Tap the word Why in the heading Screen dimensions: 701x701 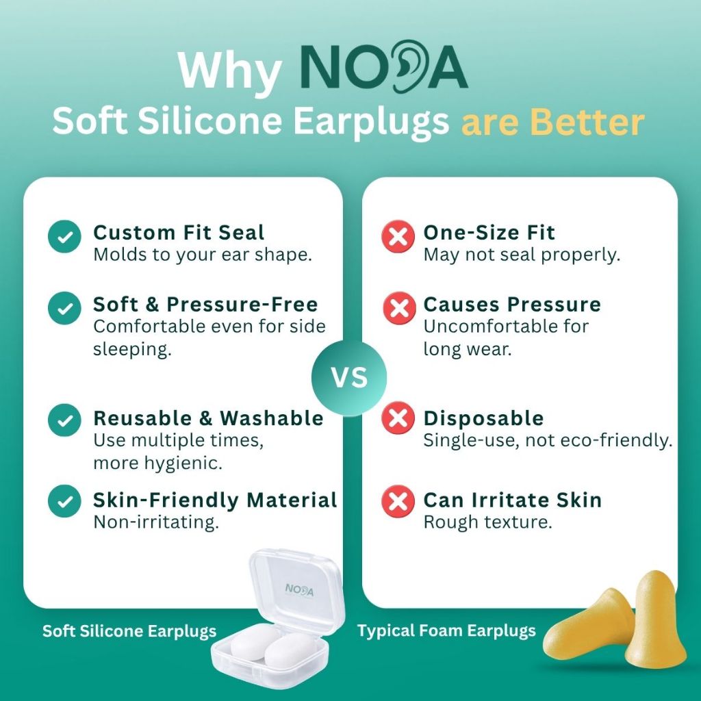(x=229, y=71)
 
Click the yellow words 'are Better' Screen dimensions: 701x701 (x=552, y=121)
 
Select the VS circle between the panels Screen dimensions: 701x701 (x=349, y=378)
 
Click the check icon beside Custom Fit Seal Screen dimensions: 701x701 (x=64, y=236)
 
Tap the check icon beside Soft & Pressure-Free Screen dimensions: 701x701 (x=64, y=308)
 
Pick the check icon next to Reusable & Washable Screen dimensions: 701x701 (x=64, y=420)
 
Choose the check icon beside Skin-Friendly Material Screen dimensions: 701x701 (x=64, y=501)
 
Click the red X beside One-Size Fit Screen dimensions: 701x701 (x=398, y=236)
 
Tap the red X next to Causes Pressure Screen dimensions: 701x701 (x=399, y=308)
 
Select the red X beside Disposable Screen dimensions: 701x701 (x=398, y=418)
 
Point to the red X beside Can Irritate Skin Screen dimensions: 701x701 (x=398, y=501)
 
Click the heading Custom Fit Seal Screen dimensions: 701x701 (x=179, y=233)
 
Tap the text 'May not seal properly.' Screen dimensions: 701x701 (x=522, y=255)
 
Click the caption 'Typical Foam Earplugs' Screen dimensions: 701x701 (x=446, y=630)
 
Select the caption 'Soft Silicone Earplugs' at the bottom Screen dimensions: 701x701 (x=129, y=630)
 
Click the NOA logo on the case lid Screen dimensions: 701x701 (x=299, y=589)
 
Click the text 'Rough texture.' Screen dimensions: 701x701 (x=487, y=522)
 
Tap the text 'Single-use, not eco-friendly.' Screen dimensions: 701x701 (x=548, y=440)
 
